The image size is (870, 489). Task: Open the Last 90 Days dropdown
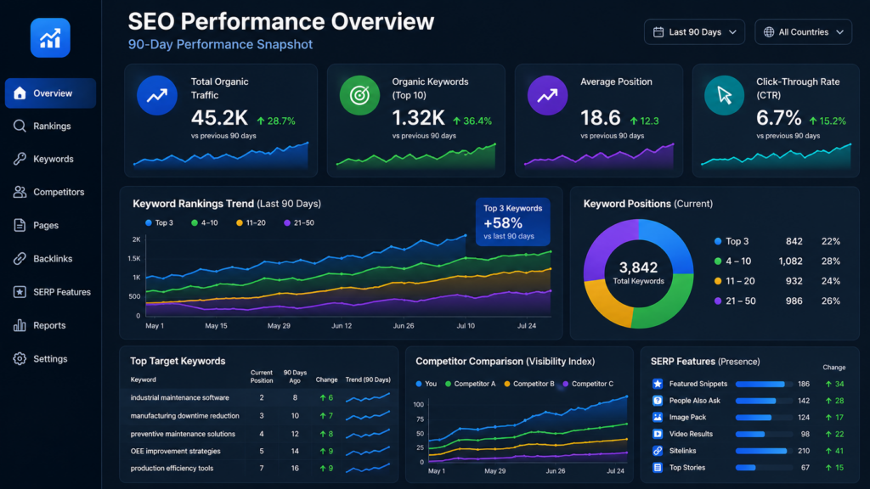[694, 32]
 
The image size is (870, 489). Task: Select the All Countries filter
[803, 32]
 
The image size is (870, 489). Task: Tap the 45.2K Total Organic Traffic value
[219, 117]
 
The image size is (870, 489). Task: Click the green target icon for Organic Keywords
[359, 95]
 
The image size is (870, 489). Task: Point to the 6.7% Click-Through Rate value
[778, 117]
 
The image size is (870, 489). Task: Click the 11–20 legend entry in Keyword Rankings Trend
[251, 223]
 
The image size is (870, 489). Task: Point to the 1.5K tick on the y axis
[133, 258]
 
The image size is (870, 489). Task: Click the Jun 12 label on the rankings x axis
[342, 325]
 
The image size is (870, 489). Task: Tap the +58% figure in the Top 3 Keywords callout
[503, 223]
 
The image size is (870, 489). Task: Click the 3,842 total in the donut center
[638, 267]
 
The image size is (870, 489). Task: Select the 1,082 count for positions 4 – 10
[790, 261]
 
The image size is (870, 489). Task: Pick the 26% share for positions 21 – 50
[831, 301]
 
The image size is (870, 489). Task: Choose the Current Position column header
[262, 376]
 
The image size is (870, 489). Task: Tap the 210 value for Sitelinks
[804, 451]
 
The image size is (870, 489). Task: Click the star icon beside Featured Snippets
[658, 384]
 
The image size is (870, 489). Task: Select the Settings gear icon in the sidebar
[20, 359]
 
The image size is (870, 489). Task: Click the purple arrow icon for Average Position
[547, 95]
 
